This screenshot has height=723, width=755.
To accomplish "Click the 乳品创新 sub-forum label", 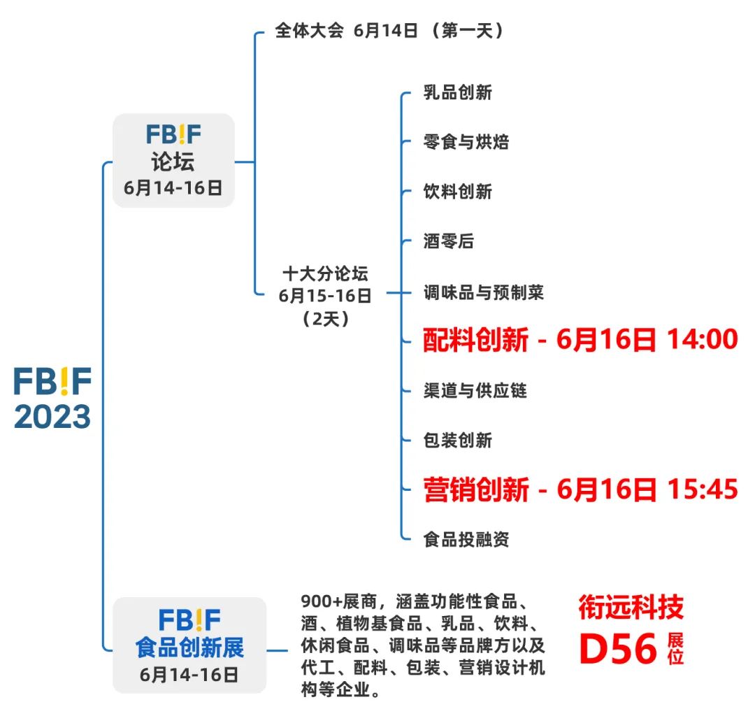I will click(458, 92).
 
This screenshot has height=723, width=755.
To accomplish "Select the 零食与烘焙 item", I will click(466, 142).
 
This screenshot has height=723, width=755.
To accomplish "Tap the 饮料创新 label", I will click(458, 192).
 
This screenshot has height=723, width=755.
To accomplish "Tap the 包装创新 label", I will click(458, 440).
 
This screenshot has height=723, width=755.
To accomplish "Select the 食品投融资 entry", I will click(466, 539).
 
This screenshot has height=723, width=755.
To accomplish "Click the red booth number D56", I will click(619, 650).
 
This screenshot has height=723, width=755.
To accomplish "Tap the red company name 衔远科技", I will click(631, 608).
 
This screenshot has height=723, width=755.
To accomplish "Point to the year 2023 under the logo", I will click(52, 417).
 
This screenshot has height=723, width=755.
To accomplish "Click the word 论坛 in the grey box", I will click(173, 162).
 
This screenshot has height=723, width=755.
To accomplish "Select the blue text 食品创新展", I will click(189, 647).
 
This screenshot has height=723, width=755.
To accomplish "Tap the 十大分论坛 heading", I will click(325, 273).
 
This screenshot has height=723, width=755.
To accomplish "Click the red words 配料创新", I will click(475, 341).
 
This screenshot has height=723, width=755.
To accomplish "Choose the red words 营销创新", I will click(475, 489).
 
